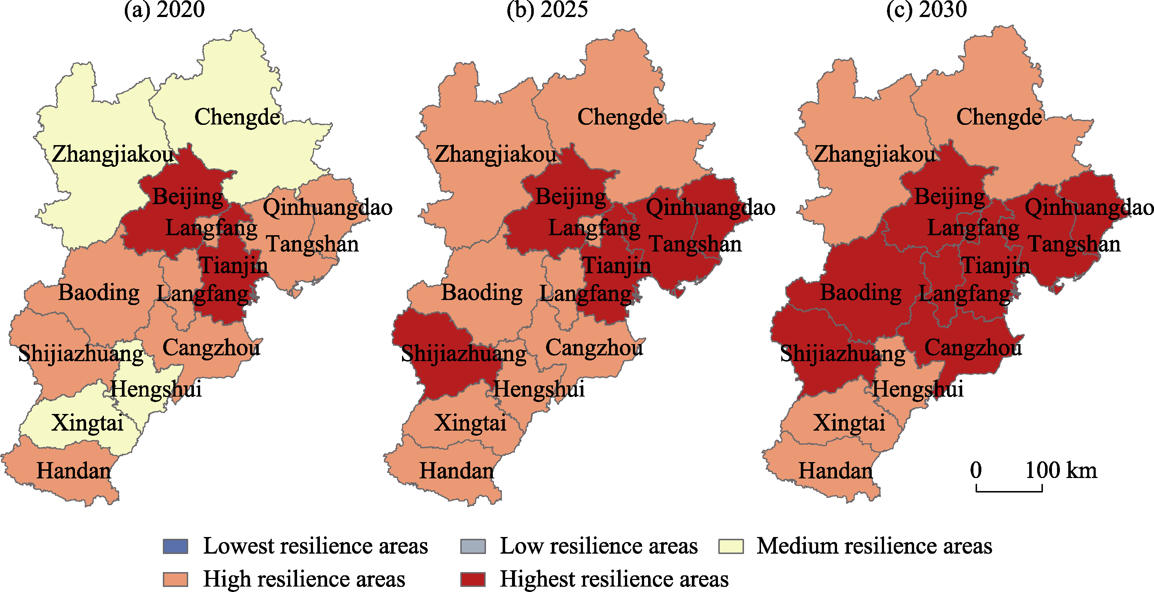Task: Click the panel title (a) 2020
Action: click(164, 9)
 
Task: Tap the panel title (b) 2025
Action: click(547, 9)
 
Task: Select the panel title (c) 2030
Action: click(926, 9)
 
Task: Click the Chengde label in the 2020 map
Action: click(237, 117)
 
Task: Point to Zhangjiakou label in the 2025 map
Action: click(495, 154)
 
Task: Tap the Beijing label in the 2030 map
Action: click(949, 196)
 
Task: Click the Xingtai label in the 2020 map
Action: click(87, 423)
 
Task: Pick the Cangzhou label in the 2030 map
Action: click(973, 348)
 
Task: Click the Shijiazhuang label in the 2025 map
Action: click(464, 354)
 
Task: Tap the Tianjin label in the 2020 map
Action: click(233, 265)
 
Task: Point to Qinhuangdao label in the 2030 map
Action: click(1089, 207)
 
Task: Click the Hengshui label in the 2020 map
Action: click(156, 389)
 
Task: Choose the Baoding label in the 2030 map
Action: click(861, 293)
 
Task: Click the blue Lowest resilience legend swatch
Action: click(175, 546)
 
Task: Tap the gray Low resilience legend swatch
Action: click(473, 546)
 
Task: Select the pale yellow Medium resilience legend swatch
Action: click(731, 546)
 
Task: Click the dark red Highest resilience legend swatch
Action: click(473, 579)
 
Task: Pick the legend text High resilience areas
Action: click(304, 579)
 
